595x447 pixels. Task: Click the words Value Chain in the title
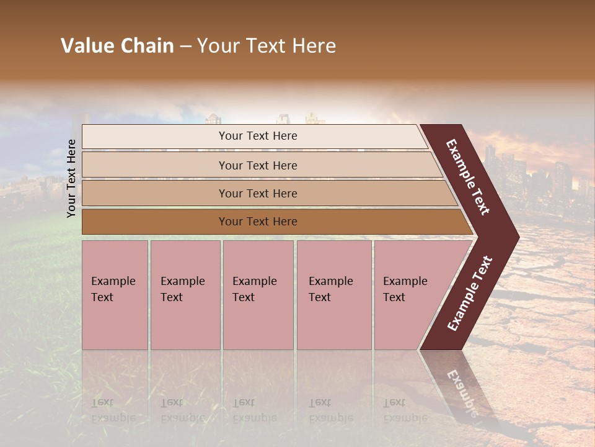tap(117, 46)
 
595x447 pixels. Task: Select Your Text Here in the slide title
tap(267, 46)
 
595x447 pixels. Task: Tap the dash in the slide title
tap(185, 47)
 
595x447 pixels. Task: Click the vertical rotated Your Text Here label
tap(71, 179)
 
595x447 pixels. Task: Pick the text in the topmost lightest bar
tap(258, 136)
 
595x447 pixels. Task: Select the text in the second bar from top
tap(258, 166)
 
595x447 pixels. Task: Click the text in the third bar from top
tap(258, 194)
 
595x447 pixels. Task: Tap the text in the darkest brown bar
tap(258, 222)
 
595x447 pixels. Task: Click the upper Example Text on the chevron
tap(468, 177)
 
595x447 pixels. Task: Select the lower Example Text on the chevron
tap(470, 294)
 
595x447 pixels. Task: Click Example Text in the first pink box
tap(113, 289)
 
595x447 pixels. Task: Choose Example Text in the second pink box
tap(182, 289)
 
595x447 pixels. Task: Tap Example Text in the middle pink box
tap(254, 289)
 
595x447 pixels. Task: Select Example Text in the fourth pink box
tap(330, 289)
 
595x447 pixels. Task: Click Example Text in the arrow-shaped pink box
tap(405, 289)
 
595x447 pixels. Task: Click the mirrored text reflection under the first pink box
tap(113, 410)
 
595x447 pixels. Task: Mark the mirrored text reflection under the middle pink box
tap(254, 410)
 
